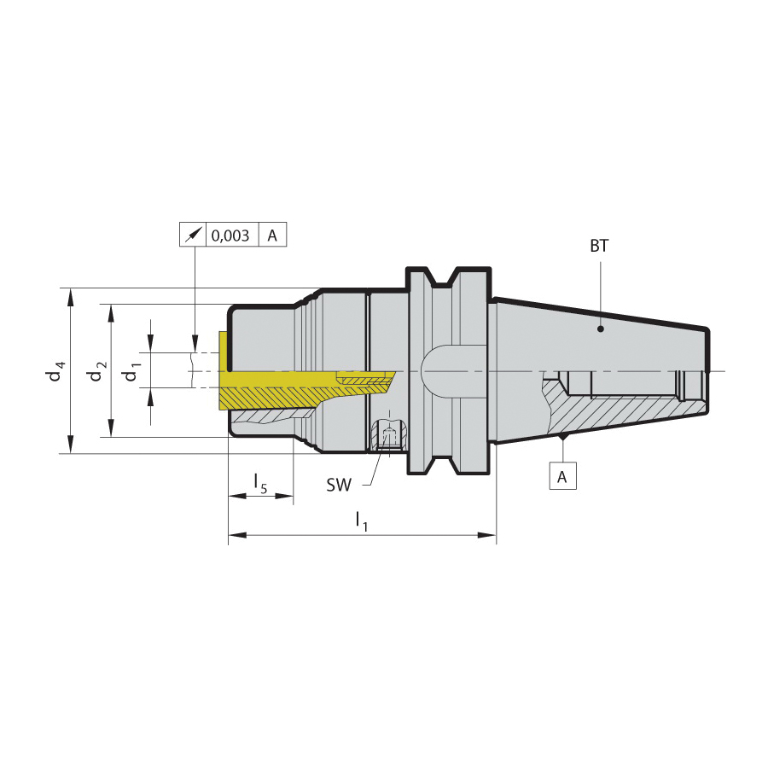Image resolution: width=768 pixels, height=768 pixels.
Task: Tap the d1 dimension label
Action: pyautogui.click(x=132, y=371)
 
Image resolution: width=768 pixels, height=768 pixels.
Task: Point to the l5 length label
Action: pyautogui.click(x=260, y=483)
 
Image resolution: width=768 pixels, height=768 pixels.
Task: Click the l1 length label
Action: pyautogui.click(x=362, y=521)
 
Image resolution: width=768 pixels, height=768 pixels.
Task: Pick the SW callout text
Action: pyautogui.click(x=339, y=485)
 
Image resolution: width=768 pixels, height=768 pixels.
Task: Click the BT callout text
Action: pyautogui.click(x=599, y=246)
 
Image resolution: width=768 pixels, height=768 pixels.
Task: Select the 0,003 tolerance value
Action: pyautogui.click(x=230, y=236)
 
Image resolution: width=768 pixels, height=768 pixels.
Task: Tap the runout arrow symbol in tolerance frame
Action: pyautogui.click(x=193, y=236)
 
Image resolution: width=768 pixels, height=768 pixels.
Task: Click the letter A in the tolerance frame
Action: pyautogui.click(x=272, y=236)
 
